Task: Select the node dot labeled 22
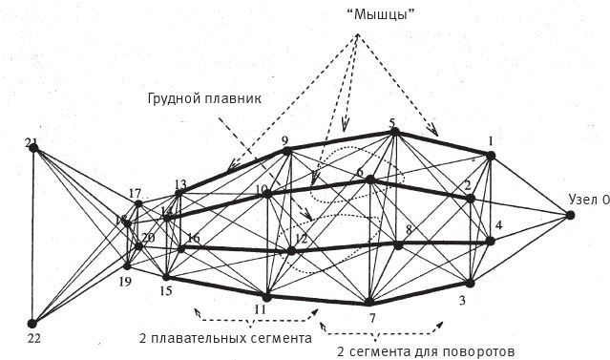(x=32, y=324)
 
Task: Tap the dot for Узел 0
(x=570, y=216)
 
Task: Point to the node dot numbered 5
(x=393, y=133)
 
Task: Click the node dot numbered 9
(x=286, y=151)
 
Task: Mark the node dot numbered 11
(x=267, y=297)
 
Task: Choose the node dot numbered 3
(x=470, y=283)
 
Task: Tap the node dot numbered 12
(x=293, y=252)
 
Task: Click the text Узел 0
(x=587, y=201)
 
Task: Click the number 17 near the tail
(x=135, y=193)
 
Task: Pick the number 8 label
(x=408, y=230)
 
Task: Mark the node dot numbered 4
(x=490, y=242)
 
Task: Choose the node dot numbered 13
(x=179, y=194)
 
